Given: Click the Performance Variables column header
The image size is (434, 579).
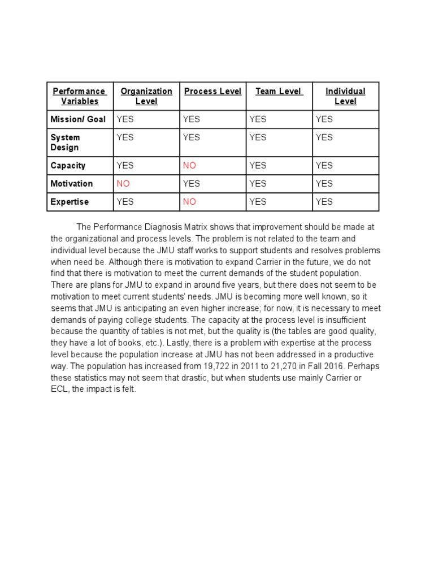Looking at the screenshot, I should click(x=79, y=96).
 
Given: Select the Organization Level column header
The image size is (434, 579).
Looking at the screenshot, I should click(x=146, y=96).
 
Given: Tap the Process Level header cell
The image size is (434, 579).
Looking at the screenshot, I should click(x=212, y=91).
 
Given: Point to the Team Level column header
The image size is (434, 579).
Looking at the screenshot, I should click(x=279, y=91).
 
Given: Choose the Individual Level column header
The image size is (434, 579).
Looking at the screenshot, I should click(x=345, y=96).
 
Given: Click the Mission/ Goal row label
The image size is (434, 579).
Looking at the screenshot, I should click(x=78, y=119).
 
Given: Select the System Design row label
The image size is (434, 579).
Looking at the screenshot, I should click(x=65, y=142).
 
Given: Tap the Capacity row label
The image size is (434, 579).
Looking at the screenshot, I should click(x=68, y=166).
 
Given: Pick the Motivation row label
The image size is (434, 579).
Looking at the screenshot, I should click(x=71, y=184).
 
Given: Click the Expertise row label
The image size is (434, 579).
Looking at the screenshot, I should click(x=70, y=202).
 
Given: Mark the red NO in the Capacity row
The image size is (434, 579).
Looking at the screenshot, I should click(x=189, y=166).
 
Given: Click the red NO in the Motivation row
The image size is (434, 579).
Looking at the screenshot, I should click(x=123, y=184).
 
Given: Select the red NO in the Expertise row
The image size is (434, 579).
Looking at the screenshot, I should click(x=189, y=202).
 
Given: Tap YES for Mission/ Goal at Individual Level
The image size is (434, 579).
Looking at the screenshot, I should click(x=324, y=119).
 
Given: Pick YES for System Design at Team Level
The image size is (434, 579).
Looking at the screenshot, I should click(x=258, y=137).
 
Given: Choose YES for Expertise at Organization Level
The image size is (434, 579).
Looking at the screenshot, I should click(x=125, y=202).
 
